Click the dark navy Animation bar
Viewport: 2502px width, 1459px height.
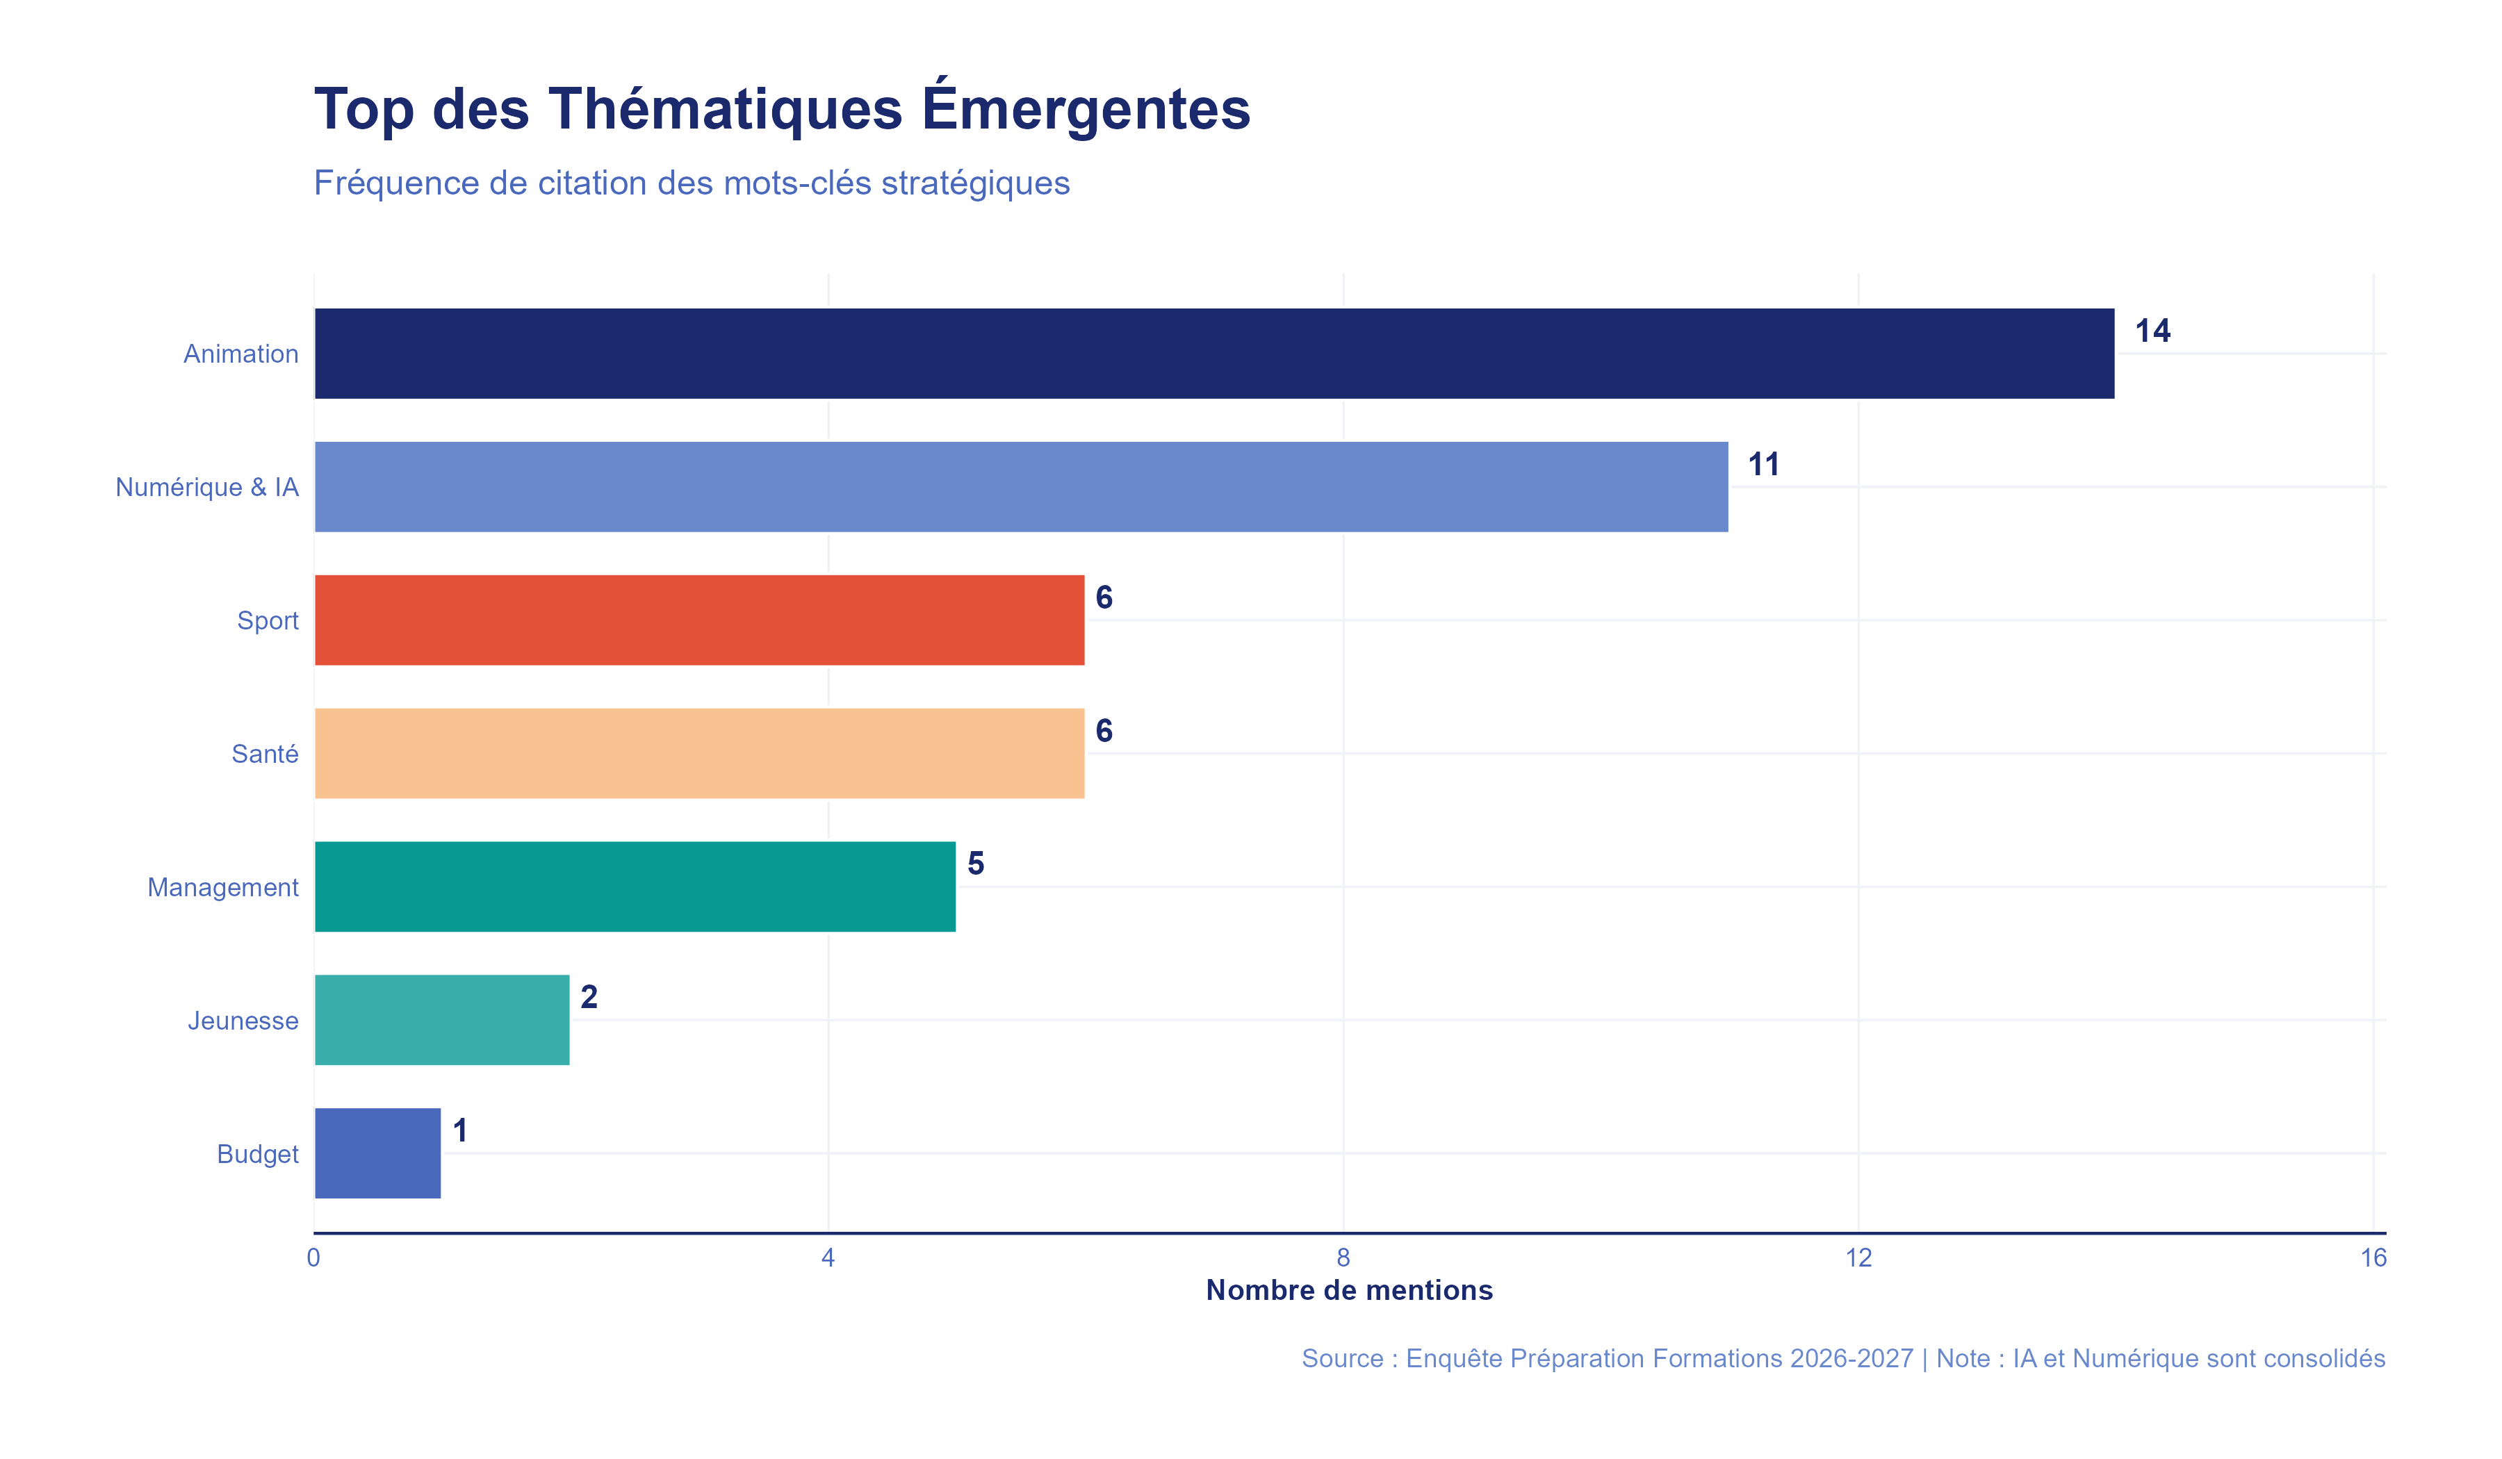coord(1213,354)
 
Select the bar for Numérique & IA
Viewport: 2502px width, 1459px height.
coord(1021,486)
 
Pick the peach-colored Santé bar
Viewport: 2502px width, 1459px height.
coord(699,753)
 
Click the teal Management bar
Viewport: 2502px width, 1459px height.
coord(635,887)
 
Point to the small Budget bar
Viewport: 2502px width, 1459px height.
coord(377,1153)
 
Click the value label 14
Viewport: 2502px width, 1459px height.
coord(2152,331)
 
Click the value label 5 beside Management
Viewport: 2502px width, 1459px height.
coord(975,864)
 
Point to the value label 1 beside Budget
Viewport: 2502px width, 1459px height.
coord(459,1130)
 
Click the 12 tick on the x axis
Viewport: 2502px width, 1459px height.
coord(1858,1258)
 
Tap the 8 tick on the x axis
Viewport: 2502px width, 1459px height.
coord(1343,1258)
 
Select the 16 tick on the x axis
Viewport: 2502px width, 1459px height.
coord(2372,1258)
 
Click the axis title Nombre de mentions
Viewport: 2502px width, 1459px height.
coord(1348,1290)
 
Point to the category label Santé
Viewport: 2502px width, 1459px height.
coord(264,755)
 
